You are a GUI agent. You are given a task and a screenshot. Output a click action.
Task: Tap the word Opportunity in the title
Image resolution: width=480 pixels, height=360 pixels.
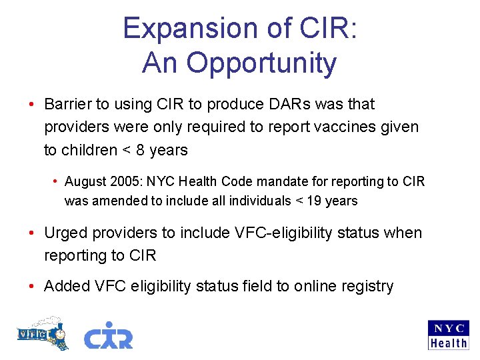261,63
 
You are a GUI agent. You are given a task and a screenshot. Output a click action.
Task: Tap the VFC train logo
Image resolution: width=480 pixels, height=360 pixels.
42,333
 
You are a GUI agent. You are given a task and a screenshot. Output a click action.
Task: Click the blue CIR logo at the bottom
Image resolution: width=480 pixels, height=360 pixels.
108,335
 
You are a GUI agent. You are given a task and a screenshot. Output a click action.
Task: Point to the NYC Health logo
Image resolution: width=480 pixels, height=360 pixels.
448,335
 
